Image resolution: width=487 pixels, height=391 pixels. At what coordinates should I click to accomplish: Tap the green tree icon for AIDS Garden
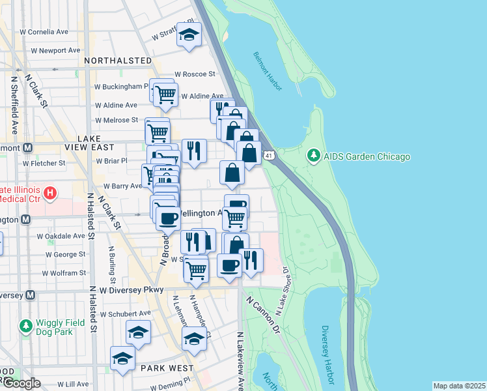point(314,156)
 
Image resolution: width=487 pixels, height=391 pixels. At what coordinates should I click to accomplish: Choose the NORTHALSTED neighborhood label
point(118,60)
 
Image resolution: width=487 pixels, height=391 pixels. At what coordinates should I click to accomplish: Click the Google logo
point(21,383)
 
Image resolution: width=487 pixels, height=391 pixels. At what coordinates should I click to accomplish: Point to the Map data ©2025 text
point(459,386)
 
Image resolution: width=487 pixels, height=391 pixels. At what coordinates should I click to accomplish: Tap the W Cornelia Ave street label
point(44,31)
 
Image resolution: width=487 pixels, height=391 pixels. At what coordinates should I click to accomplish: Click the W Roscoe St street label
point(195,74)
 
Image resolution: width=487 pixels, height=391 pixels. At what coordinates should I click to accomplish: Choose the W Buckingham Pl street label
point(122,86)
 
